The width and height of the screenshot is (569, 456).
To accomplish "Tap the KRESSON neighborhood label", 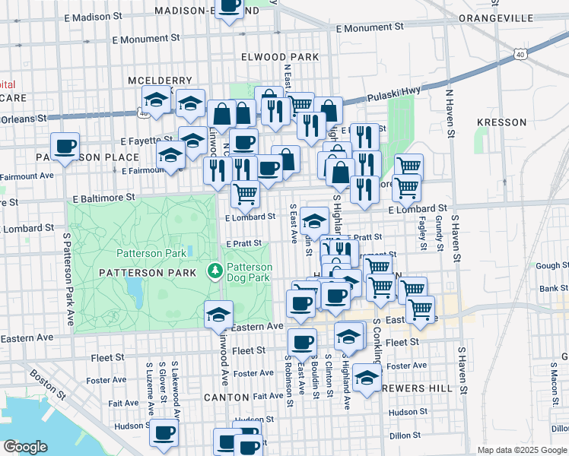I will click(x=501, y=122).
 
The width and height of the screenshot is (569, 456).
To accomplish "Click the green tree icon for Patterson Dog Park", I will click(x=215, y=271).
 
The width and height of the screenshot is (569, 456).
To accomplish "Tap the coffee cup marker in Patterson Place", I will click(x=65, y=146).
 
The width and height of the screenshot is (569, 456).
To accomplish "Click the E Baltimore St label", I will click(x=103, y=197).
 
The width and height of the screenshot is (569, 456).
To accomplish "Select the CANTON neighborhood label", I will click(x=226, y=397).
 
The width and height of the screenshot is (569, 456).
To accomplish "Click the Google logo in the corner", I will click(x=25, y=447).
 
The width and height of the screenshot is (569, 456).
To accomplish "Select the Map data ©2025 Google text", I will click(x=521, y=450).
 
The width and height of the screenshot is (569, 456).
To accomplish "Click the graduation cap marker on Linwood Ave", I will click(x=218, y=315).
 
